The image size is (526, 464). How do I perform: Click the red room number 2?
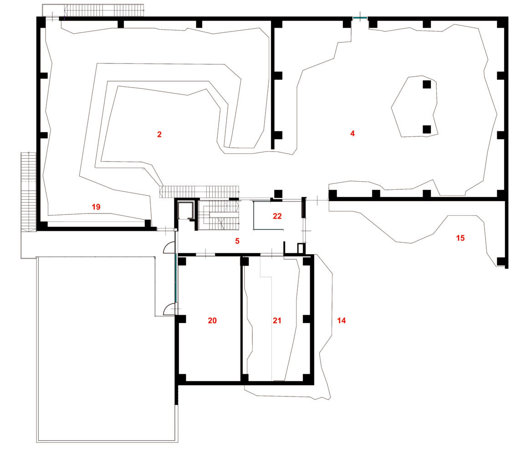(159, 135)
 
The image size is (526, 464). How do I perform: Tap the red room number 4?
(352, 133)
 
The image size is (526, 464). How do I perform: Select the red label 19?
(96, 207)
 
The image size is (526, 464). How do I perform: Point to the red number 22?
(277, 216)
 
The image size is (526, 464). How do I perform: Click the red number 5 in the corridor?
(237, 241)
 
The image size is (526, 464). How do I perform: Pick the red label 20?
(212, 321)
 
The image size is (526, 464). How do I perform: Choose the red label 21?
(277, 321)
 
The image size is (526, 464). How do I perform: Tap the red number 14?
(341, 321)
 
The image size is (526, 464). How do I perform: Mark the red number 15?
(460, 238)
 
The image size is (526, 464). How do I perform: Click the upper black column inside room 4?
(427, 84)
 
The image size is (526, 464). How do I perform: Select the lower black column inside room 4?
(427, 129)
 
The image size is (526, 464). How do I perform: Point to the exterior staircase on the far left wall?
(29, 192)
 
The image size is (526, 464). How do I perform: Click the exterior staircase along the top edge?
(104, 10)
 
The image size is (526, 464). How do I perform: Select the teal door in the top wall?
(360, 18)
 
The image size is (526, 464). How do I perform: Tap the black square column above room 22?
(278, 194)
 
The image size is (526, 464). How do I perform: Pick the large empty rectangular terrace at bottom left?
(107, 349)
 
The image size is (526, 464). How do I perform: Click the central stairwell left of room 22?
(219, 215)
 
